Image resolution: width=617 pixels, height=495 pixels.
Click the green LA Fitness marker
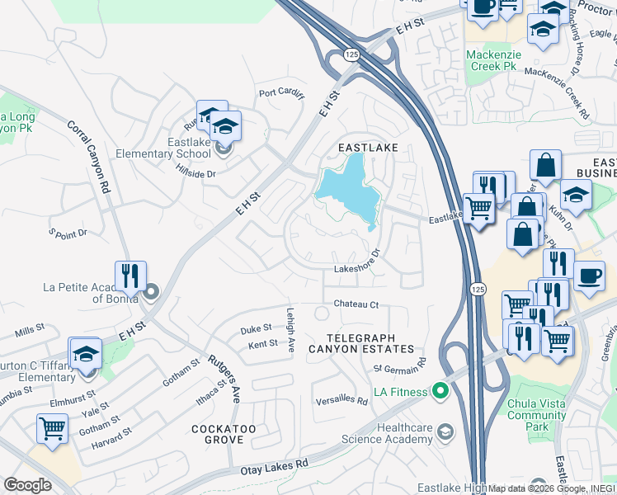[x=439, y=390]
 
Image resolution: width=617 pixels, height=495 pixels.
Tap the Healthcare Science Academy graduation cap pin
[x=446, y=432]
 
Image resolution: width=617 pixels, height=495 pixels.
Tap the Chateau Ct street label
[x=356, y=304]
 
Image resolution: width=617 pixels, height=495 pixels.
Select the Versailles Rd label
[x=341, y=400]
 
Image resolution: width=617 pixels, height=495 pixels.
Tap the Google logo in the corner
[x=27, y=485]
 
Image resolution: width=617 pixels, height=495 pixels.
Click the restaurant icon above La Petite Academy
[x=130, y=276]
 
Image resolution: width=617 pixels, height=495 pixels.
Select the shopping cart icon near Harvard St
[x=52, y=428]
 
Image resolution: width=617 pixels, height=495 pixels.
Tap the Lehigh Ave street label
[x=290, y=331]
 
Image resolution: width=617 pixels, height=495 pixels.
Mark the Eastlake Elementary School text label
[x=162, y=148]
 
